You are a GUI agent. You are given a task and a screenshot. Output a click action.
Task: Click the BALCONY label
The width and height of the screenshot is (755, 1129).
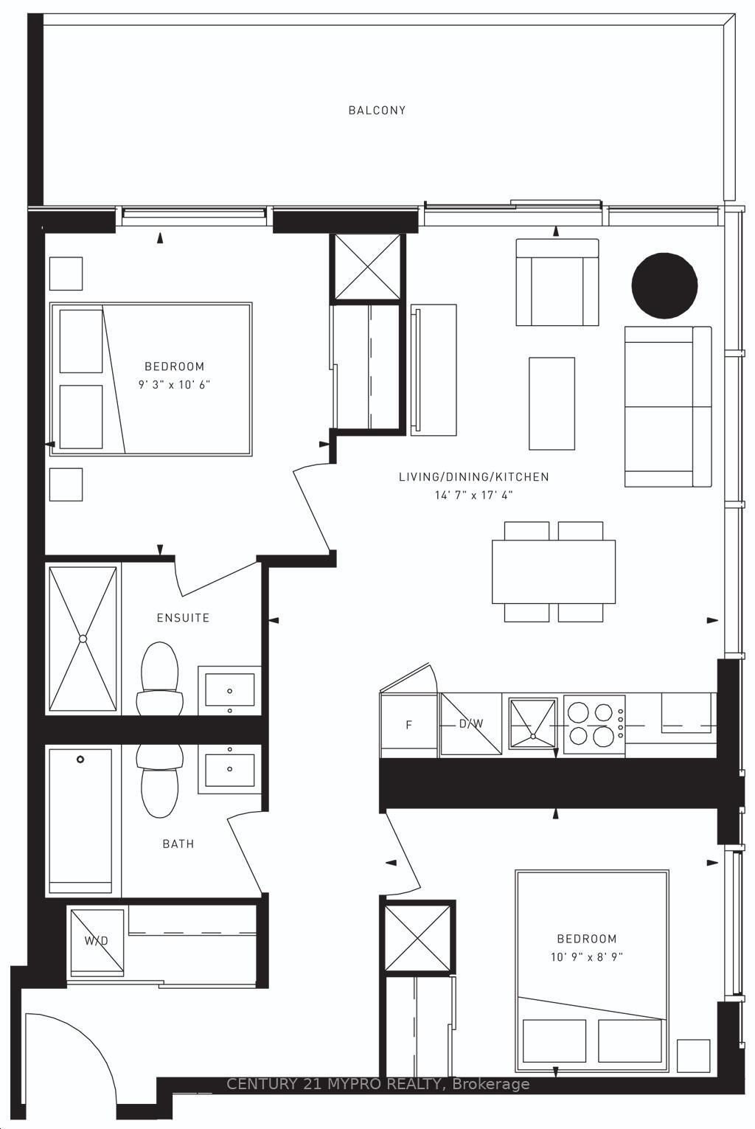tap(377, 111)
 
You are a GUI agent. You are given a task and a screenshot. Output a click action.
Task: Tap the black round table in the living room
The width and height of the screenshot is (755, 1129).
tap(664, 286)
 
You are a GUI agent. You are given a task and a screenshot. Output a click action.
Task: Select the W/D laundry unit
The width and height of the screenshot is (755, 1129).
tap(97, 941)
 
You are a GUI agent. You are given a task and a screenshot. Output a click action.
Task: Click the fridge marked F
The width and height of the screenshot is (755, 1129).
tap(409, 725)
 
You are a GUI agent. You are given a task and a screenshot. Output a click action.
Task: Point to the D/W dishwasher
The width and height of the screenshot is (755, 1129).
tap(471, 724)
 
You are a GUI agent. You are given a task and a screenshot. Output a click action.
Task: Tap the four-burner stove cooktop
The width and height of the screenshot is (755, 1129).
tap(593, 724)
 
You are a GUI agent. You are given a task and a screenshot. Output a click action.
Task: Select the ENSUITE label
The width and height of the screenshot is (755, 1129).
tap(183, 618)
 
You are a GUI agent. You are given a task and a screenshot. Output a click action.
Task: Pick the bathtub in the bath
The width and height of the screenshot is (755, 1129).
tap(80, 820)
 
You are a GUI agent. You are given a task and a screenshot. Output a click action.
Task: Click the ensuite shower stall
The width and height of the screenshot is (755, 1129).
tap(83, 639)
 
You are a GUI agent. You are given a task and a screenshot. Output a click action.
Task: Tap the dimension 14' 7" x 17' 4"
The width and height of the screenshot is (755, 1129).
tap(473, 496)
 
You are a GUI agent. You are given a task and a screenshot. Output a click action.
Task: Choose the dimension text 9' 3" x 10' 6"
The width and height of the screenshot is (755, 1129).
tap(174, 385)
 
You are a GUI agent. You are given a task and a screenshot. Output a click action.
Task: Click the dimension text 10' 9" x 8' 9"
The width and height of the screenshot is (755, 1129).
tap(586, 957)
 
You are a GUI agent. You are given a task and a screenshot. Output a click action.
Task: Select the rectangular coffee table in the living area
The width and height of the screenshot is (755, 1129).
tap(552, 403)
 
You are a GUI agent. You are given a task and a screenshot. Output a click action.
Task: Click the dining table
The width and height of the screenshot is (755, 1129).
tap(554, 572)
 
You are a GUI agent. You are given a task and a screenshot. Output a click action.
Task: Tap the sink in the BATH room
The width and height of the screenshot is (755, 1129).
tap(229, 768)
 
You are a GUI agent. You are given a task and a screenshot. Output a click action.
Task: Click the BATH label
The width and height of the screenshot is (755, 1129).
tap(178, 844)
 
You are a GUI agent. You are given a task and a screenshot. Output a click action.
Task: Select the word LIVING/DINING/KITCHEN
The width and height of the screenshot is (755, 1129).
tap(473, 477)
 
